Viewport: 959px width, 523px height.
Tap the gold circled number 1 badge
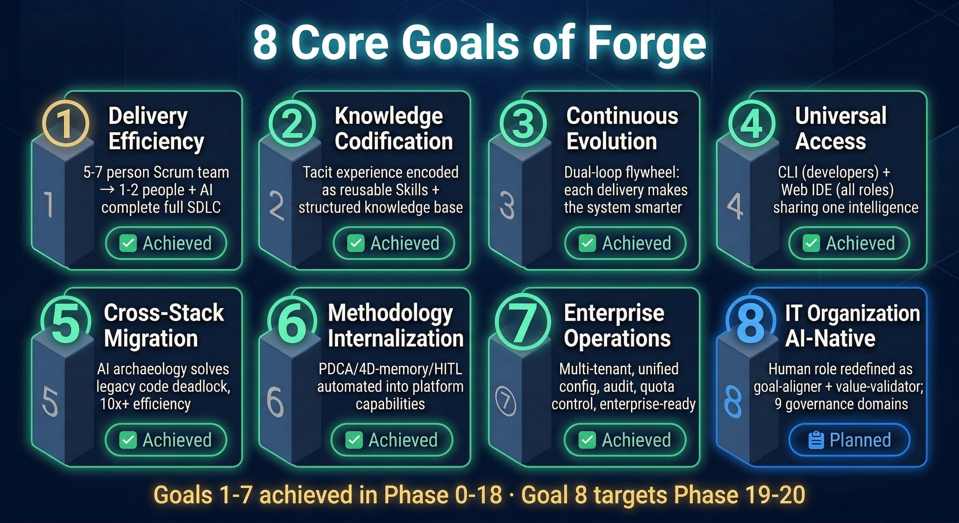coord(65,123)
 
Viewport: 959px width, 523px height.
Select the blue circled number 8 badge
coord(750,322)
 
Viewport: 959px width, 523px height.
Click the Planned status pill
coord(849,440)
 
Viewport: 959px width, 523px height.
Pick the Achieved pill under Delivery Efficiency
coord(166,243)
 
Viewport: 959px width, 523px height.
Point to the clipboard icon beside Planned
coord(816,440)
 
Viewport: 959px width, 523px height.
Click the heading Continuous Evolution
coord(622,128)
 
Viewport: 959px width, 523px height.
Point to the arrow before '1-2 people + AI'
coord(107,190)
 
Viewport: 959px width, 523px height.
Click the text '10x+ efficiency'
coord(145,404)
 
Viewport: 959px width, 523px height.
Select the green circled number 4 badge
coord(752,124)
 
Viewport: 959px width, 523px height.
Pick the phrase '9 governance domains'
coord(841,404)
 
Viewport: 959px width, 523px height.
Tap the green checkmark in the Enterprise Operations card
coord(587,440)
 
